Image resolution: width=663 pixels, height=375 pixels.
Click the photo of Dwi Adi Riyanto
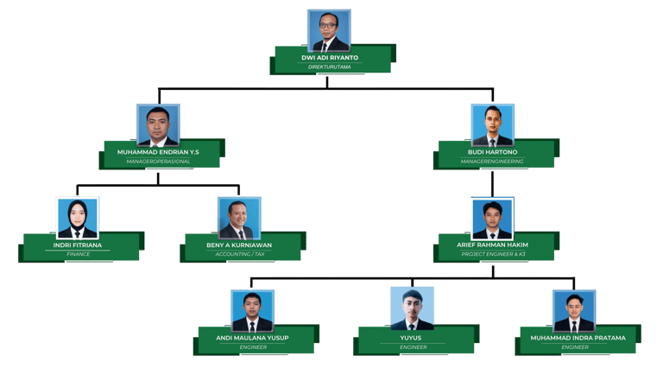[329, 31]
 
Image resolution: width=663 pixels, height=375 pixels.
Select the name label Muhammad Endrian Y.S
[158, 152]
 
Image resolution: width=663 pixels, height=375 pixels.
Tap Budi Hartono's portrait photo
[492, 125]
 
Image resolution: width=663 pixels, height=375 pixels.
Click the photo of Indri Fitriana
[77, 218]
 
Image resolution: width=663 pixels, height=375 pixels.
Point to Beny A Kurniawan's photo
[239, 219]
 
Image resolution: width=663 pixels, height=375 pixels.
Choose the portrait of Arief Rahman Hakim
[492, 219]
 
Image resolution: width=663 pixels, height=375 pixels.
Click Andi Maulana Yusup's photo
[252, 311]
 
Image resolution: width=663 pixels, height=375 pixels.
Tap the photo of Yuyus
[412, 308]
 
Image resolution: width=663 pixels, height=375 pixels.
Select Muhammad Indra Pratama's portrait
[574, 311]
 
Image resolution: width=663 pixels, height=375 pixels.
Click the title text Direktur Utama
[329, 67]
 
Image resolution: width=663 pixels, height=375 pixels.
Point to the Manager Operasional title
[158, 161]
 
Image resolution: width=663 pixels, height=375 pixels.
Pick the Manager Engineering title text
[493, 161]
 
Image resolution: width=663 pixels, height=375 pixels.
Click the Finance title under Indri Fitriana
[78, 254]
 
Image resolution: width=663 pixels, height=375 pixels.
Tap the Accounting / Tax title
[240, 254]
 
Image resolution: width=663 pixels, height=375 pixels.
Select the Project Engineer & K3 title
[493, 254]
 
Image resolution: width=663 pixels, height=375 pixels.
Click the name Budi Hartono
[493, 152]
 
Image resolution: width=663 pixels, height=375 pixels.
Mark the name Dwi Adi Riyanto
[329, 58]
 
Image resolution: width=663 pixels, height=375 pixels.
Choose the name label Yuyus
[412, 338]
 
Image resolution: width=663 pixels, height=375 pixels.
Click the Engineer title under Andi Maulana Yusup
[252, 346]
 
